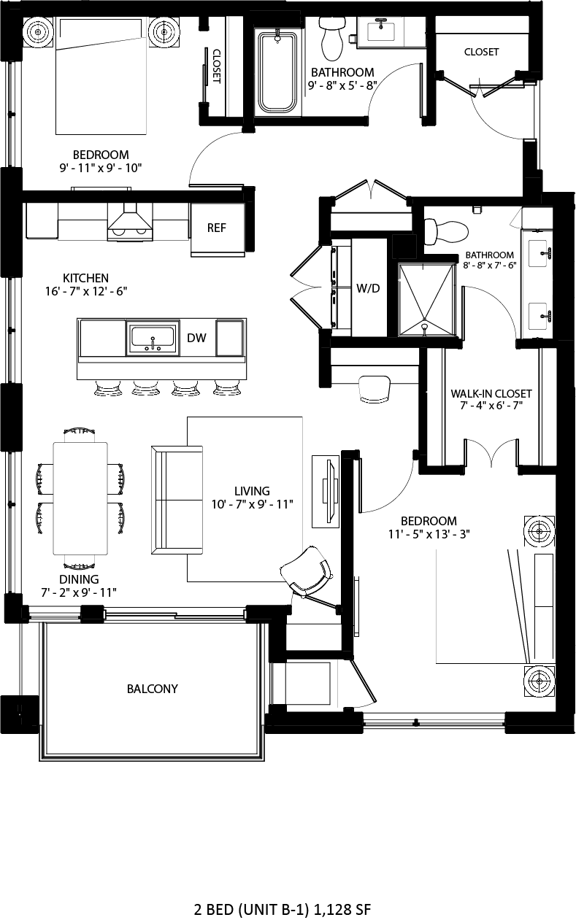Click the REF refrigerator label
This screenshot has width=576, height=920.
point(216,228)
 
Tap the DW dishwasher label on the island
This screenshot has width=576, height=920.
point(196,338)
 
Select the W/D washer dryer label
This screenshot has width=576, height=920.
point(368,288)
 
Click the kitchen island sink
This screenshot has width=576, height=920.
point(153,338)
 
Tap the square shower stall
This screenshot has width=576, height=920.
point(426,300)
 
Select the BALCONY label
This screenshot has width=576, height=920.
point(153,689)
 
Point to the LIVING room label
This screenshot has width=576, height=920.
point(252,491)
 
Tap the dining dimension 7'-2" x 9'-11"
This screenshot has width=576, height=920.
point(79,591)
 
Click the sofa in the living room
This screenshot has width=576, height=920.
point(177,500)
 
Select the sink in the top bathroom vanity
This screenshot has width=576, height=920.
point(380,31)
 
